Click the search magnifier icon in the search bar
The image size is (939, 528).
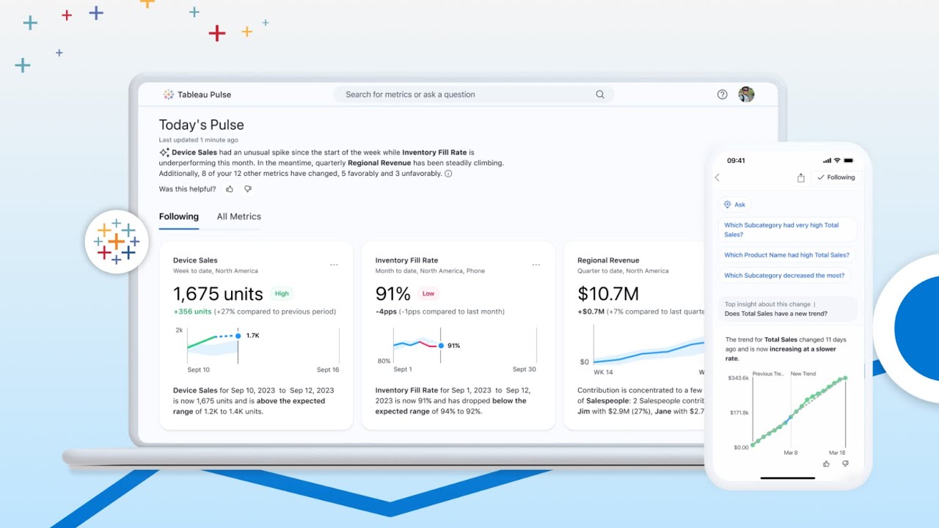(600, 95)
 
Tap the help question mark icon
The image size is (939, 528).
(722, 95)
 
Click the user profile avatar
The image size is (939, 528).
(746, 95)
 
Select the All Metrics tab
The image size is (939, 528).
(238, 216)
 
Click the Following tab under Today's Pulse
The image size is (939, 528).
(179, 216)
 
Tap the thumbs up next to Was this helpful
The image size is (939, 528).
(230, 189)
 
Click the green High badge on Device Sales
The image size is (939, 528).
(282, 293)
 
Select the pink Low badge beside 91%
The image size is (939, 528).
(428, 293)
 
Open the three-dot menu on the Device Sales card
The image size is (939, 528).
(334, 265)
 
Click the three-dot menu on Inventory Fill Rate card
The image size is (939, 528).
(536, 265)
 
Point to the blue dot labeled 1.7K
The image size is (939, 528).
(238, 336)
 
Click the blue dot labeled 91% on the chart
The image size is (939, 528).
(441, 345)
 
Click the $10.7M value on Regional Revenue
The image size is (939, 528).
(608, 294)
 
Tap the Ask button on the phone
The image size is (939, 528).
(734, 205)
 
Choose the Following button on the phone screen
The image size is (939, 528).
(836, 177)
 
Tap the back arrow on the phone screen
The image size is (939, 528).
(717, 177)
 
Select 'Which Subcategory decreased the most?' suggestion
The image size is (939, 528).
(784, 276)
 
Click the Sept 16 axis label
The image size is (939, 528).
(328, 370)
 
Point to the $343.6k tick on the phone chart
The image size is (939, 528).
(737, 378)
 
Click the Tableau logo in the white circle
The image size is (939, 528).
(117, 241)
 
